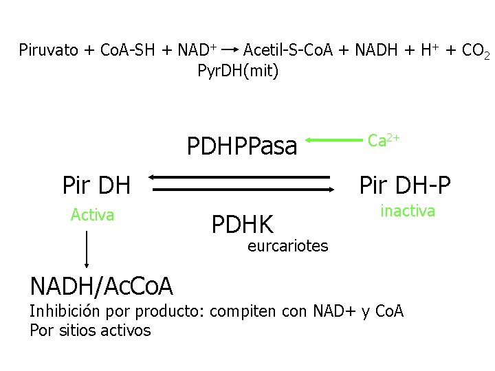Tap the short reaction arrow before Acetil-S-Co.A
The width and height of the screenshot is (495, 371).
pos(230,49)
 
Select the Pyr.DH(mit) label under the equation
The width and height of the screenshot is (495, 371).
pos(238,70)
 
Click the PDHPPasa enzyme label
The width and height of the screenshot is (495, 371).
pos(242,146)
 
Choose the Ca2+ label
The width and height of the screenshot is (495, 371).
pos(384,141)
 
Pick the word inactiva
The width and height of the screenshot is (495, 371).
pos(408,211)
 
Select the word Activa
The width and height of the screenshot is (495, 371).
pos(92,215)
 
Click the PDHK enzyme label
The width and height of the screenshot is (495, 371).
pos(242,224)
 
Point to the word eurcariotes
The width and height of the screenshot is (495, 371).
pos(287,245)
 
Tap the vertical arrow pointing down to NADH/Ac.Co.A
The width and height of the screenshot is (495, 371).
pos(87,249)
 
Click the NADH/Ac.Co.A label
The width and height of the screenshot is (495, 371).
pos(102,284)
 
